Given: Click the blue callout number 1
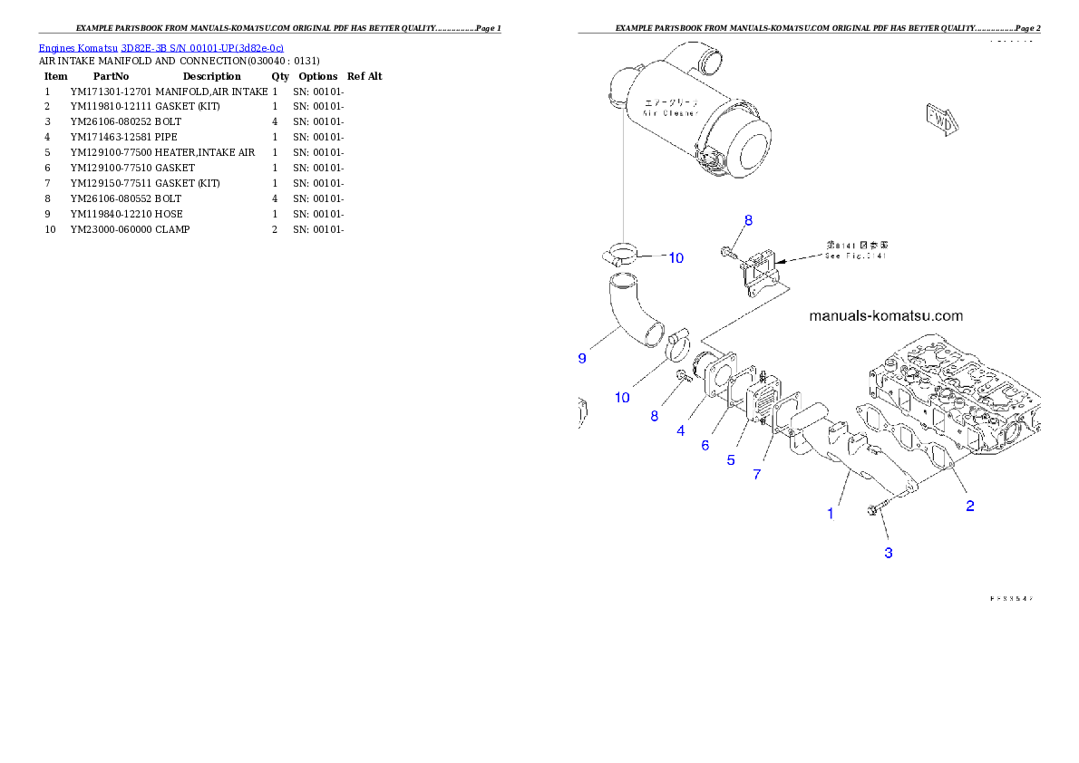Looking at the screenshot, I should pyautogui.click(x=830, y=514).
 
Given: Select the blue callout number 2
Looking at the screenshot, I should pyautogui.click(x=969, y=506).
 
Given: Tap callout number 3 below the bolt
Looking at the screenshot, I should pyautogui.click(x=889, y=552).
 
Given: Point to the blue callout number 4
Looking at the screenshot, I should pyautogui.click(x=681, y=431).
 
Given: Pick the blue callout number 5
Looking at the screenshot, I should pyautogui.click(x=730, y=459).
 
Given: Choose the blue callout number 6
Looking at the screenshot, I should pyautogui.click(x=705, y=445).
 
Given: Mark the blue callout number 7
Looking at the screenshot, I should pyautogui.click(x=757, y=474).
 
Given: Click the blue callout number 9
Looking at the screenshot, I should pyautogui.click(x=582, y=359).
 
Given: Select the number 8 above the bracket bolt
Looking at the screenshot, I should pyautogui.click(x=748, y=220).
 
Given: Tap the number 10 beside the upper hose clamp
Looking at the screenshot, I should pyautogui.click(x=676, y=258).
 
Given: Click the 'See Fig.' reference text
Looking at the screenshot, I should pyautogui.click(x=855, y=256).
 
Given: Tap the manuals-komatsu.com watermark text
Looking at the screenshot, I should pyautogui.click(x=885, y=316).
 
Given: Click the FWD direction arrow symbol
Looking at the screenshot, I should pyautogui.click(x=941, y=119).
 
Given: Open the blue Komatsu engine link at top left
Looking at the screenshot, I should pyautogui.click(x=160, y=47).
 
